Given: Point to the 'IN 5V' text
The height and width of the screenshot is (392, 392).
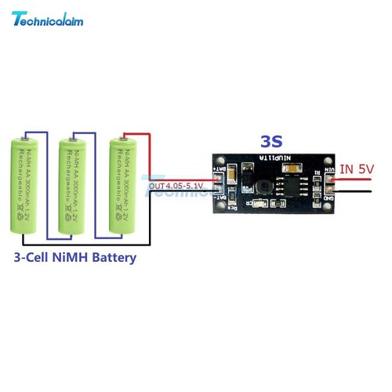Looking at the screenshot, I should (x=360, y=168).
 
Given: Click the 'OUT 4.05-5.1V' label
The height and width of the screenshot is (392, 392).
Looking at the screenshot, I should (x=176, y=185).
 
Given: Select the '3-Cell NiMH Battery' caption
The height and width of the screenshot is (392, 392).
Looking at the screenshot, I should (x=75, y=257).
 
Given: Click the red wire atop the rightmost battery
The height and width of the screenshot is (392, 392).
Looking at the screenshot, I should (x=132, y=133).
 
